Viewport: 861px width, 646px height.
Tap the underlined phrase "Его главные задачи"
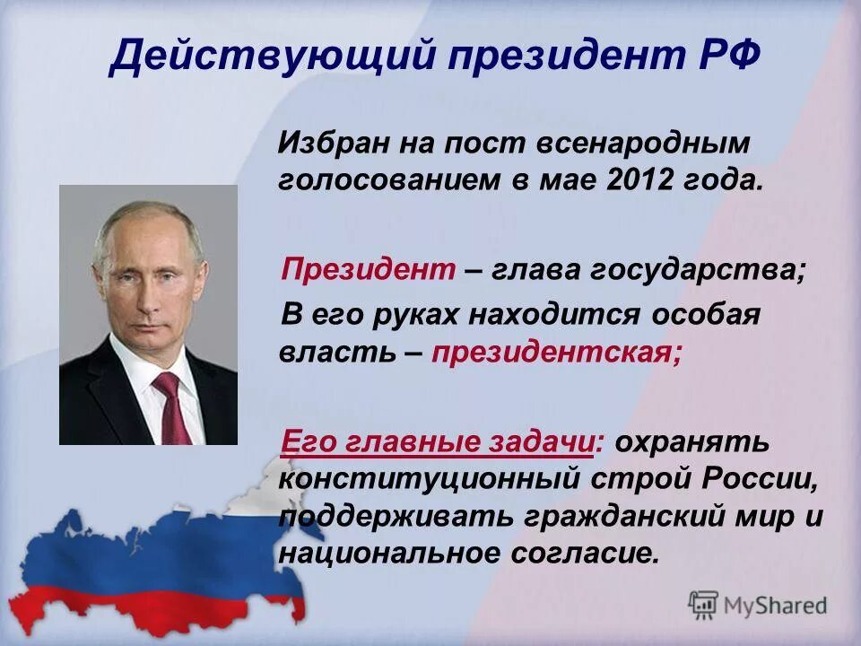click(x=440, y=441)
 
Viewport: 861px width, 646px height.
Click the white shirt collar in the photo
click(x=151, y=368)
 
